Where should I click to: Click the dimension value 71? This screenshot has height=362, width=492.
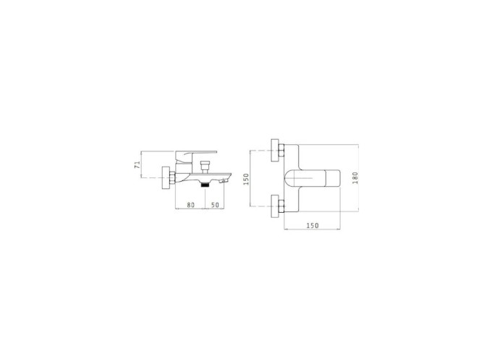tap(137, 164)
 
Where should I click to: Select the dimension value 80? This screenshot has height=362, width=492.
tap(190, 205)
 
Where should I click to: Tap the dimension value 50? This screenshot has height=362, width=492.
tap(215, 205)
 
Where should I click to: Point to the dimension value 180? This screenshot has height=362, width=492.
tap(355, 178)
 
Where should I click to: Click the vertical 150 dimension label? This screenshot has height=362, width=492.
tap(246, 179)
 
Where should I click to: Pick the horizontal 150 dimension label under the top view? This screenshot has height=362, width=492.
tap(313, 225)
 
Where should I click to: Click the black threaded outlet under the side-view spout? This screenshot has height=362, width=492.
tap(205, 185)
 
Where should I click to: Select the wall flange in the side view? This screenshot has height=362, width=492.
tap(166, 178)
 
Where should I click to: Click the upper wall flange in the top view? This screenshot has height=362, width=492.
tap(275, 150)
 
